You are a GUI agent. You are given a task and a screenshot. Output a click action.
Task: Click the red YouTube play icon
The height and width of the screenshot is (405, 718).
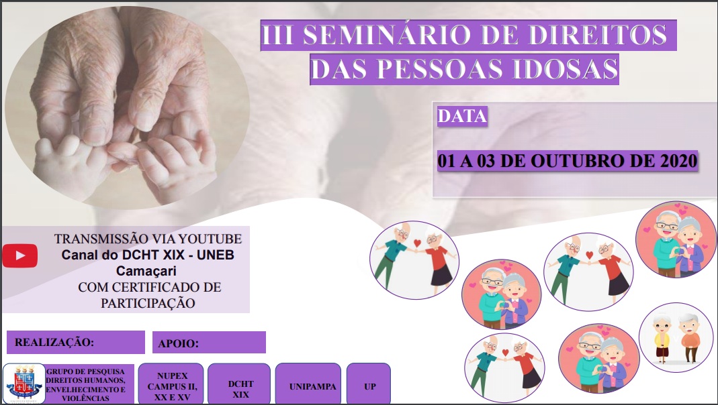pos(19,255)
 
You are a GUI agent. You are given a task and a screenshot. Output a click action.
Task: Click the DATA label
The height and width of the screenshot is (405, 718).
pos(462,116)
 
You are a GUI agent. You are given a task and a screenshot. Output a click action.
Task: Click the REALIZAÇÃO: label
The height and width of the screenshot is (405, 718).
pos(54,342)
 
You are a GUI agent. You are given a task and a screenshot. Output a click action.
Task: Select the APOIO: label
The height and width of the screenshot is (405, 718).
pos(179,343)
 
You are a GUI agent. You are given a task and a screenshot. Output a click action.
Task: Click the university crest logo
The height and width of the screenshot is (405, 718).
pos(24,384)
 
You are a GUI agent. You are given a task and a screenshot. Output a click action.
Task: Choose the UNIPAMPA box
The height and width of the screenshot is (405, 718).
pos(313,387)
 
